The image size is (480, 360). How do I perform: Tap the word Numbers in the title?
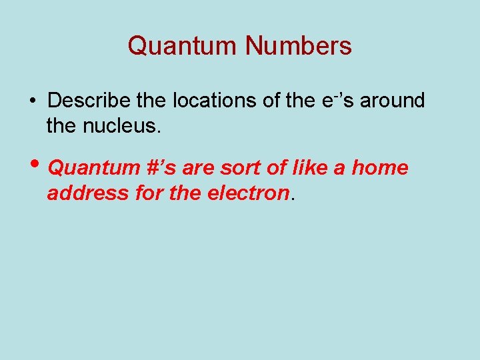pyautogui.click(x=299, y=46)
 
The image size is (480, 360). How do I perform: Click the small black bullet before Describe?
pyautogui.click(x=32, y=101)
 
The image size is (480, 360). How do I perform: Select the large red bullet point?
pyautogui.click(x=34, y=166)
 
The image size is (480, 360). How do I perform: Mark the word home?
pyautogui.click(x=379, y=167)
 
